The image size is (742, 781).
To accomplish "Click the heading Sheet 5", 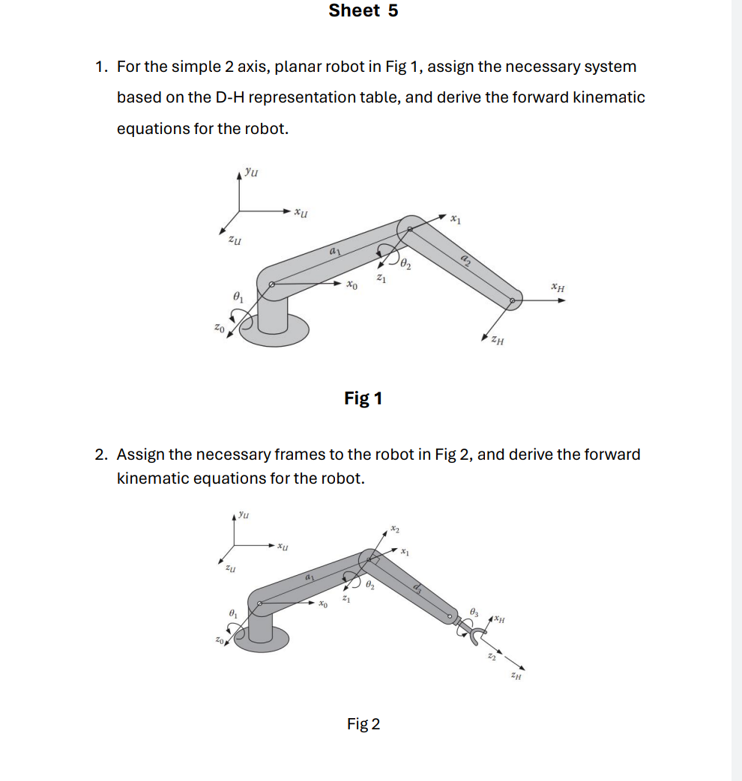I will pos(364,10).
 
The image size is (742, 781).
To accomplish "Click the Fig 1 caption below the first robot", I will pos(363,398).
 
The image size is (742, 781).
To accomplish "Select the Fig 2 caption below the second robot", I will pos(364,724).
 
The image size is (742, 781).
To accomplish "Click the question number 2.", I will pos(100,455).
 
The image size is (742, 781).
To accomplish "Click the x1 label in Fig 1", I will pos(456,219).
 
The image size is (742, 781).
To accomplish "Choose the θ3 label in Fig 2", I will pos(474,614).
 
